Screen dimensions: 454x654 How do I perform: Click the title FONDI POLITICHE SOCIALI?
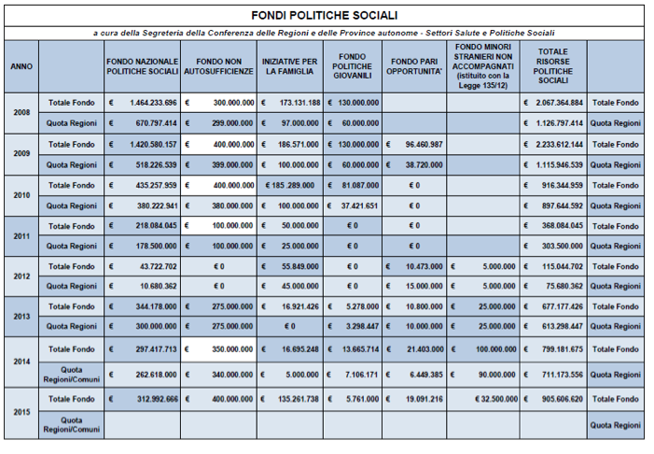tap(324, 16)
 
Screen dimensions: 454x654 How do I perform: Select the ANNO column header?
tap(21, 66)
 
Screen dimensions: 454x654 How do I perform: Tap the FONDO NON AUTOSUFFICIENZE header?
tap(219, 66)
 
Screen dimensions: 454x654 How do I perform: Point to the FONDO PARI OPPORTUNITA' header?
tap(414, 66)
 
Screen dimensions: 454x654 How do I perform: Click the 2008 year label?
tap(21, 112)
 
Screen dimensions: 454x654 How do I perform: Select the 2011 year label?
tap(21, 235)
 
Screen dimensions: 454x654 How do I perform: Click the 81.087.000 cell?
tap(352, 185)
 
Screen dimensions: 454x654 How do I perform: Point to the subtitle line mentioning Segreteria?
tap(324, 33)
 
